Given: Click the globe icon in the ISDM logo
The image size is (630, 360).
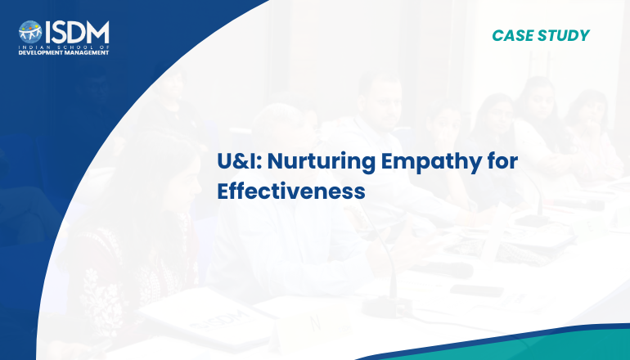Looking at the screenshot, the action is tap(30, 32).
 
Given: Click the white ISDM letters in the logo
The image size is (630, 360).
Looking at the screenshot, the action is tap(77, 32).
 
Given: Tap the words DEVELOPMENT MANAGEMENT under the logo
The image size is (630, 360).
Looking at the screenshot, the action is tap(64, 52).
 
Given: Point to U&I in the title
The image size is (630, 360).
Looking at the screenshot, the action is tap(240, 161).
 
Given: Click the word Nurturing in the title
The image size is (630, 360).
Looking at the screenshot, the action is tap(322, 162).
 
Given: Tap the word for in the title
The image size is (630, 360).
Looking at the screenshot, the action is tap(502, 161).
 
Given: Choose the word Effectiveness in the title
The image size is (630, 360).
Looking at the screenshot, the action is tap(291, 191).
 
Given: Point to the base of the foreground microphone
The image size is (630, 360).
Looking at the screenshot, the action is tap(386, 308).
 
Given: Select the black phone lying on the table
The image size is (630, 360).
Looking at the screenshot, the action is tap(476, 290).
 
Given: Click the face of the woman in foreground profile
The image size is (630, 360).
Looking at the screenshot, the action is tap(182, 182).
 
